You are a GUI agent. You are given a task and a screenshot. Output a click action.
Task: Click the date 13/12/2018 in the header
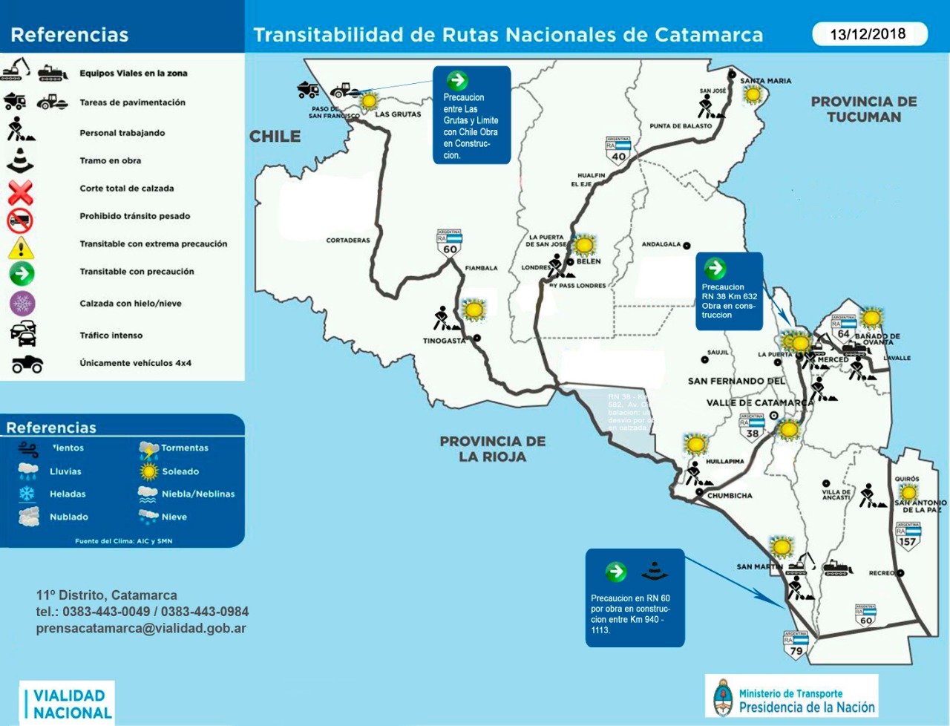pyautogui.click(x=868, y=34)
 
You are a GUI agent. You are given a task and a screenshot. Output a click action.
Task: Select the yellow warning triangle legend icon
pyautogui.click(x=21, y=247)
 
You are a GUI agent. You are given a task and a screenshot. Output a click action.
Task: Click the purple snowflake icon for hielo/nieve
pyautogui.click(x=22, y=304)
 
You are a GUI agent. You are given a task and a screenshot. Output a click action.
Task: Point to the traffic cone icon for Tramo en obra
pyautogui.click(x=21, y=160)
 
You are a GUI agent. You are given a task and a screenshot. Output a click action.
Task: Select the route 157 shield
pyautogui.click(x=908, y=535)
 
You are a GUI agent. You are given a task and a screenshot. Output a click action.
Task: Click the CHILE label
pyautogui.click(x=275, y=137)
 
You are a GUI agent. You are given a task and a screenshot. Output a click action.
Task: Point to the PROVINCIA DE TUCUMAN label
pyautogui.click(x=864, y=109)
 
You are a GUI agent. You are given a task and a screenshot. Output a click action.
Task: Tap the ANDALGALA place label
pyautogui.click(x=661, y=244)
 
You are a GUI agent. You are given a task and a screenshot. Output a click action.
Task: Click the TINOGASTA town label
pyautogui.click(x=444, y=341)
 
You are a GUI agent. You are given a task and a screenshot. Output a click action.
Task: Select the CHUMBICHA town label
pyautogui.click(x=730, y=495)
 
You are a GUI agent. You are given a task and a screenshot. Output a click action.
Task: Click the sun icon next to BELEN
pyautogui.click(x=585, y=244)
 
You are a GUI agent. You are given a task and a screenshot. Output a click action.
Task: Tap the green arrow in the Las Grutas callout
pyautogui.click(x=457, y=80)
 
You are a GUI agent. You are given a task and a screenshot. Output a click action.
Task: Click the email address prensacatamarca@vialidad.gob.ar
pyautogui.click(x=141, y=628)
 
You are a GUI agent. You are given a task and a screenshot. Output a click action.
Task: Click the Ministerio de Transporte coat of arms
pyautogui.click(x=721, y=697)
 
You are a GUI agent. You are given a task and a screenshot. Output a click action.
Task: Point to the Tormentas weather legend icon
pyautogui.click(x=148, y=448)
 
